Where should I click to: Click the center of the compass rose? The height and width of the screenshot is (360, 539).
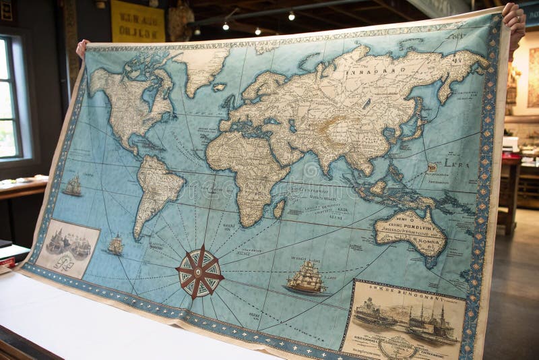point(199,272)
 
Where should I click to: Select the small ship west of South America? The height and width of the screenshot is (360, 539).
point(73,186)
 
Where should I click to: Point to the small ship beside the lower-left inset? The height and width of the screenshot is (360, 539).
point(116,245)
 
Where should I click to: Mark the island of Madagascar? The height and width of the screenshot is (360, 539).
point(279,209)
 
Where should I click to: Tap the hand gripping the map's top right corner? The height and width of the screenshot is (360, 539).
point(515,20)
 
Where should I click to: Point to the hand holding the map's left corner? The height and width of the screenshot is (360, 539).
point(82,47)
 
